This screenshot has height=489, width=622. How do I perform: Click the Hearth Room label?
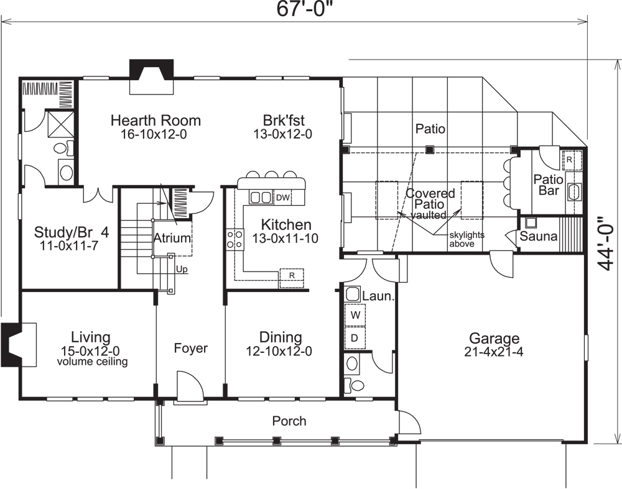[x=155, y=120]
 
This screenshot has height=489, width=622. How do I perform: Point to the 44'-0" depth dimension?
[x=606, y=243]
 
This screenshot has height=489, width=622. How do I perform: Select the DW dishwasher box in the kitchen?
[x=283, y=198]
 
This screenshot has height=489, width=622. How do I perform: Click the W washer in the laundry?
[x=355, y=316]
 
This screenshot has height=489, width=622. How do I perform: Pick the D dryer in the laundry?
[x=355, y=338]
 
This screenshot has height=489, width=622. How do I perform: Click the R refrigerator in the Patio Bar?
[x=569, y=159]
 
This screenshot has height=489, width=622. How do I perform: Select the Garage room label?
[x=494, y=339]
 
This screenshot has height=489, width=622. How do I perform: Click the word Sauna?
[x=538, y=237]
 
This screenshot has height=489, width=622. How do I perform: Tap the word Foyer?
[x=190, y=348]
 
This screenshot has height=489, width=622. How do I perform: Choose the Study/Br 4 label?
[x=72, y=232]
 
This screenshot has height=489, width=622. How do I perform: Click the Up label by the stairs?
[x=182, y=270]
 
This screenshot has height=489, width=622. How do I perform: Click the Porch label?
[x=289, y=421]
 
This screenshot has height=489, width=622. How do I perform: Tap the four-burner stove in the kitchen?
[x=234, y=239]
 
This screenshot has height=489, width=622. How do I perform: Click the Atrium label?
[x=172, y=238]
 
